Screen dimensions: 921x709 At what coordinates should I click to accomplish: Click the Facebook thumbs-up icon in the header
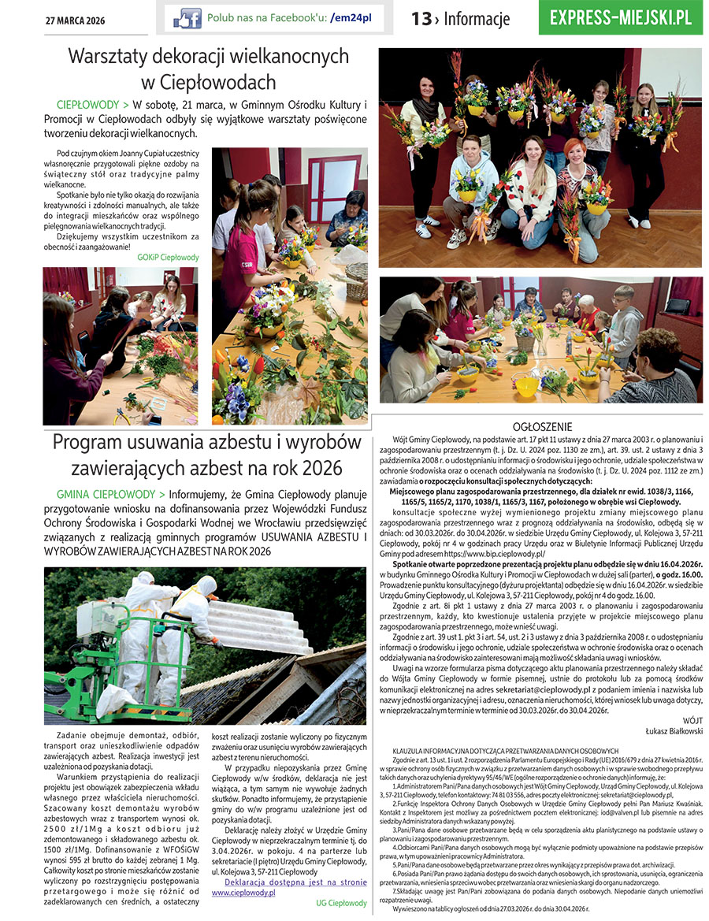[187, 18]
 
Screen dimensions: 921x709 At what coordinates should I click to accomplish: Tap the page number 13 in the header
[421, 18]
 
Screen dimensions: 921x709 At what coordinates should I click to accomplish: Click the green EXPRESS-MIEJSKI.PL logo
[621, 17]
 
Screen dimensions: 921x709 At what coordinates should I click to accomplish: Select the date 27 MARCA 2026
[75, 20]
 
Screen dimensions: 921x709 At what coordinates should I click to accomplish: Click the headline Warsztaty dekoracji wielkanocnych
[209, 57]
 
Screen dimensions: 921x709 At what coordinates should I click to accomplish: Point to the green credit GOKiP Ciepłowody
[168, 258]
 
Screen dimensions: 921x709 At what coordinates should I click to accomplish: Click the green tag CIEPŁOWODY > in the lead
[93, 105]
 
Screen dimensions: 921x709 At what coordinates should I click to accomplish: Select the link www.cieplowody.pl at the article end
[243, 893]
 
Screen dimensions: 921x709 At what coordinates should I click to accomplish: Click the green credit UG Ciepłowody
[342, 903]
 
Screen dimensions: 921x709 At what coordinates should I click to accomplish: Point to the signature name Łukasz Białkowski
[668, 731]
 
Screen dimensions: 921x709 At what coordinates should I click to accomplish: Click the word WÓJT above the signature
[692, 720]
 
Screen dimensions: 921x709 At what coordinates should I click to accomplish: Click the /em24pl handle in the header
[351, 17]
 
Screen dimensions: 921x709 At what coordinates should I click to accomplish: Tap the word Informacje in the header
[477, 19]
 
